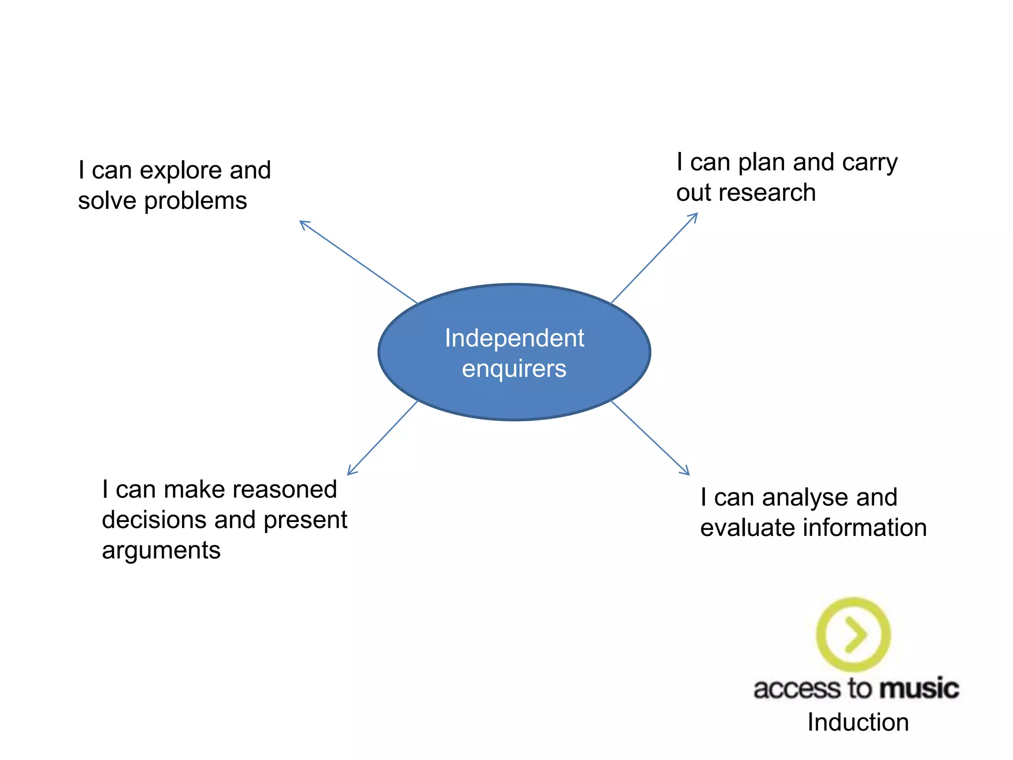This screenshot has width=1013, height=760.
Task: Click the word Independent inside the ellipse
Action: tap(514, 338)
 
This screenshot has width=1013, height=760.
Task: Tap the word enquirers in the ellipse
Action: tap(514, 369)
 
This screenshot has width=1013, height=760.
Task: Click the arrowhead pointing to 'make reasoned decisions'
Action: tap(350, 472)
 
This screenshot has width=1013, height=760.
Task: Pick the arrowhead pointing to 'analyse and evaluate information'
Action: tap(687, 472)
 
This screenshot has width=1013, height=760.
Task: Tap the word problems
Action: tap(195, 201)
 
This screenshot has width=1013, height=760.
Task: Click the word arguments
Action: tap(161, 551)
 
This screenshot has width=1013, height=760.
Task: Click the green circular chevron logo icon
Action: tap(853, 634)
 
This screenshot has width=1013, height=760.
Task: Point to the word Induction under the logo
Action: tap(858, 722)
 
